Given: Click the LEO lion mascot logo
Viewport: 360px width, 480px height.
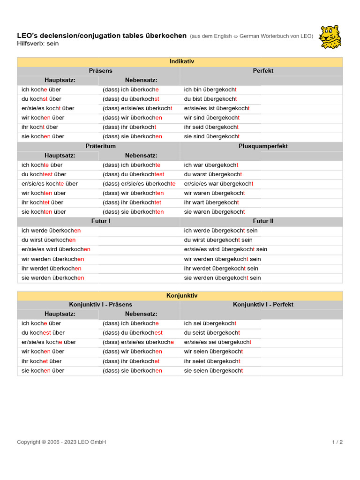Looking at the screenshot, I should click(330, 37).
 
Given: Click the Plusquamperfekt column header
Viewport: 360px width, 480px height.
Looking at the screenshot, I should click(263, 146).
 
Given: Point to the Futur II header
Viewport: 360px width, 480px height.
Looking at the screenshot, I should click(263, 221).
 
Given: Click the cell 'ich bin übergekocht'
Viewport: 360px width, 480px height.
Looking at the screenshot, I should click(210, 90).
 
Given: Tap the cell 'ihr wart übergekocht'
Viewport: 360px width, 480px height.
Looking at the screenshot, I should click(211, 202).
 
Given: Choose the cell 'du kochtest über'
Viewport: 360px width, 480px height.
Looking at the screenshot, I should click(44, 174).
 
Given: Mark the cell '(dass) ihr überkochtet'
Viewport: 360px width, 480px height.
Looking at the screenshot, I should click(132, 202).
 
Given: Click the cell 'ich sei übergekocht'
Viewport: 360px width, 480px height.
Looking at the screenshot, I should click(210, 323).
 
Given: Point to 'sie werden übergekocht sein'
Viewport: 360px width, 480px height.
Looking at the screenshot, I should click(222, 278).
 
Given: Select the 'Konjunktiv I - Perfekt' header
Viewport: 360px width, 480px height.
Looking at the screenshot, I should click(263, 304).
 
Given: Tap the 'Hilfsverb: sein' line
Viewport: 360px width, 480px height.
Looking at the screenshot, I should click(38, 44).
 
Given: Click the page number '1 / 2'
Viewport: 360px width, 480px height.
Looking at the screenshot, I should click(337, 442).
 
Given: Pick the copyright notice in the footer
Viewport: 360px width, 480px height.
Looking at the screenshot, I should click(61, 442).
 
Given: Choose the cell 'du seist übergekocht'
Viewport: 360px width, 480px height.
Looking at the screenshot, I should click(212, 333).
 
